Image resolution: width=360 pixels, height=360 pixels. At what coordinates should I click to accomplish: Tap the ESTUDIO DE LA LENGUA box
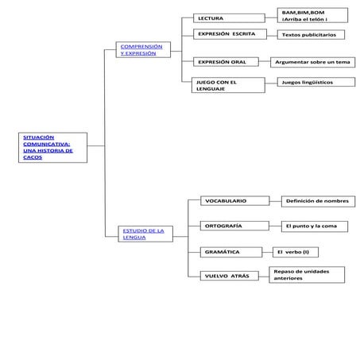(x=145, y=234)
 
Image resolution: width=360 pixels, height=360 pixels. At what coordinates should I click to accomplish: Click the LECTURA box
(x=229, y=17)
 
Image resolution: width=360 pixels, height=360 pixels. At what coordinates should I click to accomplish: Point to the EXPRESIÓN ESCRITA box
(x=229, y=35)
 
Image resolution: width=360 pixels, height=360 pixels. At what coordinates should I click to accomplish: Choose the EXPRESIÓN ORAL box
(x=229, y=62)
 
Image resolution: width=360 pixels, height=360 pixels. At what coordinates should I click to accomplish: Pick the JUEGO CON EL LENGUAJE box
(x=229, y=85)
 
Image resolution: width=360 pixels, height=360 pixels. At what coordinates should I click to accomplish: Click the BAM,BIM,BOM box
(x=312, y=16)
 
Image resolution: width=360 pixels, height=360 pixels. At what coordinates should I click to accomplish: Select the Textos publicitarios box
(x=315, y=35)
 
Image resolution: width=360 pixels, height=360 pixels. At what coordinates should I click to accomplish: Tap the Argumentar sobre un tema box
(x=312, y=62)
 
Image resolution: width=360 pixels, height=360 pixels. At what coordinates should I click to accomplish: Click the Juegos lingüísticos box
(x=315, y=82)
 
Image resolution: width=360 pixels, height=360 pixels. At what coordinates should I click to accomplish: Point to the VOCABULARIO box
(x=233, y=201)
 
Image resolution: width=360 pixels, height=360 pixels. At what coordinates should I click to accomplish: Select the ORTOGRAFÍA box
(x=233, y=226)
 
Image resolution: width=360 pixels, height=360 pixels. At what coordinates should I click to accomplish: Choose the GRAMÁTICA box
(x=231, y=252)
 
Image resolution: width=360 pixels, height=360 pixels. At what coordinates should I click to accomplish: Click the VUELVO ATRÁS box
(x=231, y=276)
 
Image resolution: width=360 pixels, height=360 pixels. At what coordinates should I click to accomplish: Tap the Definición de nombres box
(x=317, y=201)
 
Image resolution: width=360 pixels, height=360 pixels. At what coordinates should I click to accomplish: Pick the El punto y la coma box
(x=315, y=226)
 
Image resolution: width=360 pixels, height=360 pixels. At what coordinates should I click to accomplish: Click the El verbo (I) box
(x=300, y=252)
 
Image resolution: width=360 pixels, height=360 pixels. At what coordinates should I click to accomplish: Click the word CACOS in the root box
(x=33, y=157)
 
